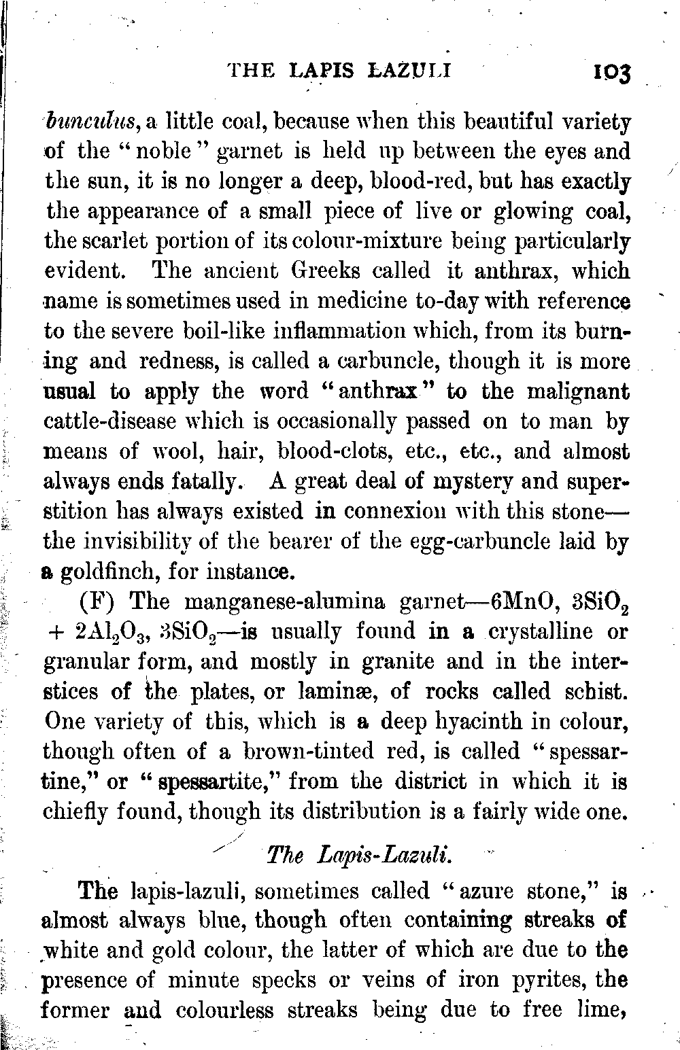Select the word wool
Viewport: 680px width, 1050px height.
point(179,451)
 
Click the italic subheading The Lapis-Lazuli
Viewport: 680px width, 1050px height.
point(358,854)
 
